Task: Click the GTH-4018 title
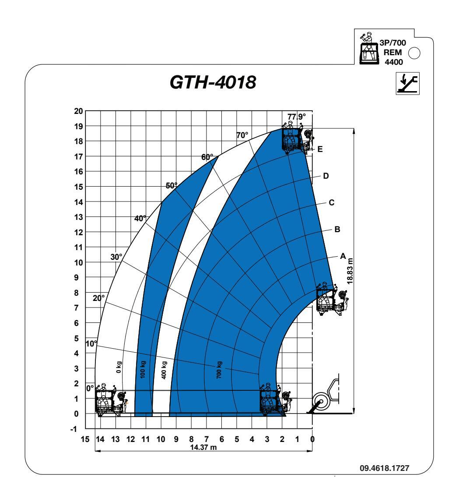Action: pyautogui.click(x=213, y=82)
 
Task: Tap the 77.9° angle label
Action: pyautogui.click(x=297, y=117)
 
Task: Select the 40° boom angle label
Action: pyautogui.click(x=140, y=218)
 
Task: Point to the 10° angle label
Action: pyautogui.click(x=91, y=343)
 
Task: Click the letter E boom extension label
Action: pyautogui.click(x=320, y=149)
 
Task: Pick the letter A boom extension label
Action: pyautogui.click(x=343, y=256)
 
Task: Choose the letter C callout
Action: pyautogui.click(x=331, y=203)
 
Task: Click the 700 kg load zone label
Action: pyautogui.click(x=219, y=370)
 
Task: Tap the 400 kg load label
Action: pyautogui.click(x=164, y=370)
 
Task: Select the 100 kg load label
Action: pyautogui.click(x=143, y=369)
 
